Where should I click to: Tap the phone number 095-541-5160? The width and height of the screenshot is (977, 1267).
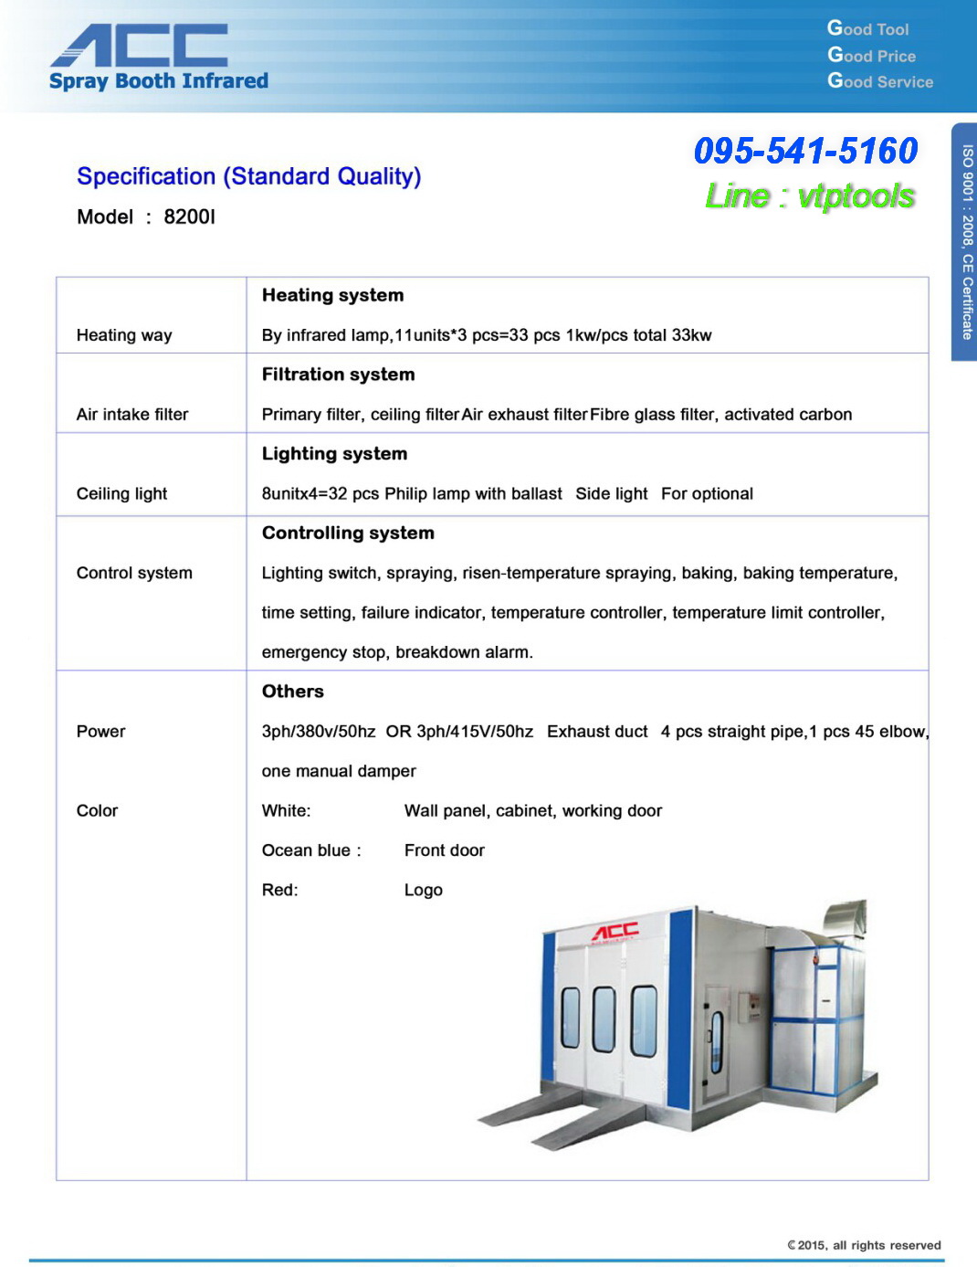pos(805,151)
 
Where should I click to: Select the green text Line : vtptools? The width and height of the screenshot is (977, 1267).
pos(810,195)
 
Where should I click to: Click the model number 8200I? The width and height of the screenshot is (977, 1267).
pos(189,217)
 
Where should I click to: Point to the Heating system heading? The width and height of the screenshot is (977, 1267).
pos(332,295)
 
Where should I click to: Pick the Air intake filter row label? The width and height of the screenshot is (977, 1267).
pos(132,415)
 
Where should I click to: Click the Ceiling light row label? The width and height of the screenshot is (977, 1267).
pos(121,494)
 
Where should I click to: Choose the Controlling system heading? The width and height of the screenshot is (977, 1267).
pos(348,533)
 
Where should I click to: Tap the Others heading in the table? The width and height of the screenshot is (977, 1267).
pos(292,692)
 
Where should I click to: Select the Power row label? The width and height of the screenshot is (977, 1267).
pos(101,732)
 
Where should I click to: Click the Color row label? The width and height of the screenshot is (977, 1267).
pos(97,811)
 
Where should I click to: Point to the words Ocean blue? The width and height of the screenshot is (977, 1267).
pos(306,850)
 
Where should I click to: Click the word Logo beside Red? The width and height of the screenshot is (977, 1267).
pos(423,891)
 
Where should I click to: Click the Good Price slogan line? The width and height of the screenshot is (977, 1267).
pos(871,56)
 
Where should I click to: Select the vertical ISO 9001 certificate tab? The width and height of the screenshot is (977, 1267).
pos(966,242)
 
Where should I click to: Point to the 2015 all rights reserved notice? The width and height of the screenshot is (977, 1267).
pos(864,1245)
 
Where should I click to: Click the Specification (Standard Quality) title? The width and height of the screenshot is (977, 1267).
pos(248,176)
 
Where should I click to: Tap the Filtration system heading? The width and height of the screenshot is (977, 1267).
pos(338,375)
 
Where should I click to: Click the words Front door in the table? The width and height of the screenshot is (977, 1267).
pos(444,850)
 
